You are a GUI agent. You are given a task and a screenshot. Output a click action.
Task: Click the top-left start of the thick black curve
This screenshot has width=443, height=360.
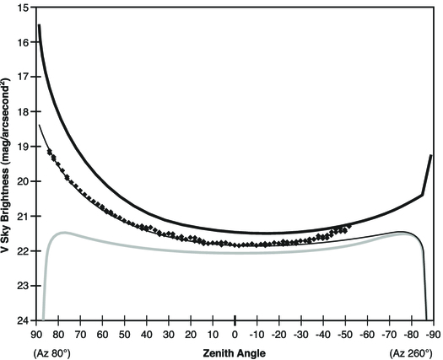39,26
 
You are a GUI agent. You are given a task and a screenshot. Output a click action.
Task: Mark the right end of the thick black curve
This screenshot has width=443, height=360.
431,155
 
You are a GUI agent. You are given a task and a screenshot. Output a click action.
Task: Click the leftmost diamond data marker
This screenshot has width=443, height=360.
49,152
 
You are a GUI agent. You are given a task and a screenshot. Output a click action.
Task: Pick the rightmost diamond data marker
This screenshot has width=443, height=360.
348,226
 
